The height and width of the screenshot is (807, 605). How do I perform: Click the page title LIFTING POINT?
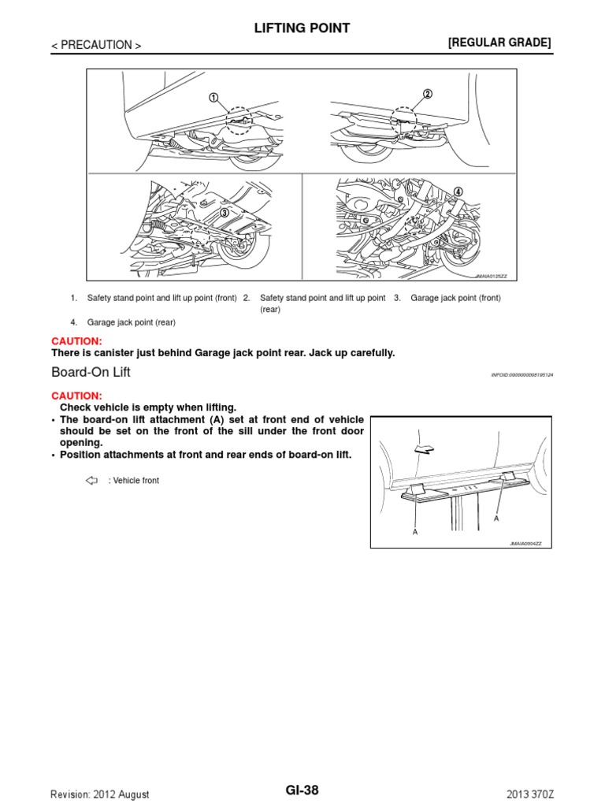[x=302, y=28]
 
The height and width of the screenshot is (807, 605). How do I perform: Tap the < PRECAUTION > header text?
[x=96, y=46]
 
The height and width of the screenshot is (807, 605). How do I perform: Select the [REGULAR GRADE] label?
[x=499, y=43]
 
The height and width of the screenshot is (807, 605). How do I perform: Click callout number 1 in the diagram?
[x=213, y=98]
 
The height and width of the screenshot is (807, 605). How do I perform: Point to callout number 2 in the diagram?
[x=427, y=94]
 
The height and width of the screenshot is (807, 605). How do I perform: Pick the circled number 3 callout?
[x=224, y=212]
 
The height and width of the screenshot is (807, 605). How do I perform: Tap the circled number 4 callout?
[x=458, y=192]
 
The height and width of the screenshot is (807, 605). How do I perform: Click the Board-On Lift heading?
[x=91, y=372]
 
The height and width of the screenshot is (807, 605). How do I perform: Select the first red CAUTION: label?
[x=76, y=340]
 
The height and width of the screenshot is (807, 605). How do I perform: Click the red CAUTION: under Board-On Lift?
[x=76, y=395]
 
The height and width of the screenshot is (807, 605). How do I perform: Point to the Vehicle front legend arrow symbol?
[x=90, y=480]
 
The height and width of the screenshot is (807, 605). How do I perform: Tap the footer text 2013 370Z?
[x=530, y=794]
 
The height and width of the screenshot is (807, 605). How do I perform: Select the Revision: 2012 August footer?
[x=99, y=794]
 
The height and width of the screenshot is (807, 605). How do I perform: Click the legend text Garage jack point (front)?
[x=455, y=298]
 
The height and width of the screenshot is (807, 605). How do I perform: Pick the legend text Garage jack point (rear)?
[x=131, y=322]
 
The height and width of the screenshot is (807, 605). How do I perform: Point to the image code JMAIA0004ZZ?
[x=531, y=544]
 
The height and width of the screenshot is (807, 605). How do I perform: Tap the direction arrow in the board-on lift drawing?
[x=422, y=448]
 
